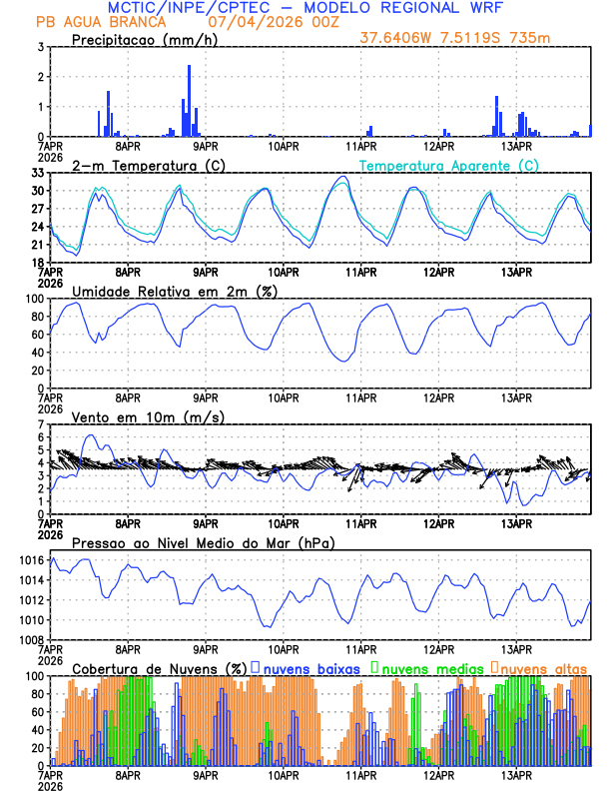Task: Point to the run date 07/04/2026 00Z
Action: [232, 21]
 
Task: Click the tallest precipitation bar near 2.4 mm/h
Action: [189, 100]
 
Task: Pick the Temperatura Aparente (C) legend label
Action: [448, 165]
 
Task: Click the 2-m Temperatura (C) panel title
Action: [141, 165]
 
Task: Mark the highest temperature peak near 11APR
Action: [342, 177]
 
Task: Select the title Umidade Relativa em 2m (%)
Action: [169, 291]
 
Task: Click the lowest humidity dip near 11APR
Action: [343, 361]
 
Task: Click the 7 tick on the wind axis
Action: [40, 424]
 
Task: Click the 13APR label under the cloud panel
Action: [516, 774]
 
